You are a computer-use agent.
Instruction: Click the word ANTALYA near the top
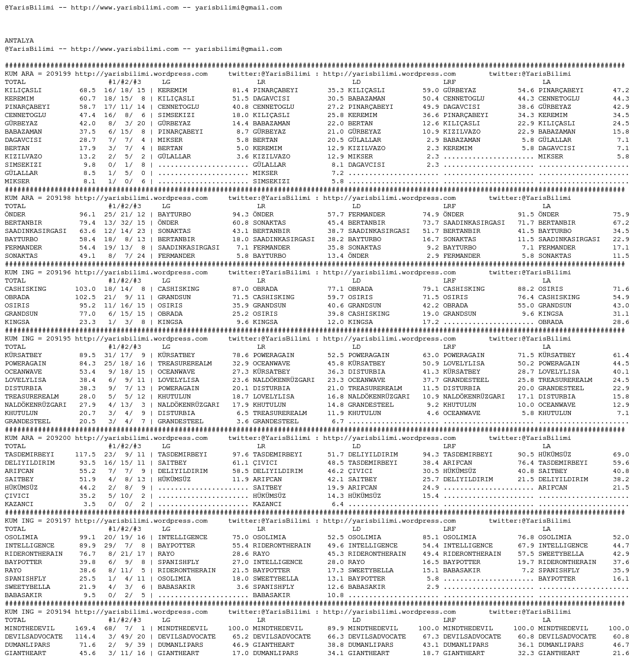click(19, 41)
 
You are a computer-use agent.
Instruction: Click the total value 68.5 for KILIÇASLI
click(87, 90)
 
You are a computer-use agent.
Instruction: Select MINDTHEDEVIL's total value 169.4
click(85, 628)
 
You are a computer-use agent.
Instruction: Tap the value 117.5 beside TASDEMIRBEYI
click(85, 455)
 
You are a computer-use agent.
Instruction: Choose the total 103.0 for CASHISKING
click(85, 289)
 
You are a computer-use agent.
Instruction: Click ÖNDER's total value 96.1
click(87, 215)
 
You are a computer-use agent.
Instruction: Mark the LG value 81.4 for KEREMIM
click(240, 90)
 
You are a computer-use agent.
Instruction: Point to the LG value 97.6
click(240, 455)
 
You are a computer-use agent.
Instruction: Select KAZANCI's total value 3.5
click(89, 504)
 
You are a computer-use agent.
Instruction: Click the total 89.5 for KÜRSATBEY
click(87, 355)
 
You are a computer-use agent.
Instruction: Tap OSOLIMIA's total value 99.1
click(87, 537)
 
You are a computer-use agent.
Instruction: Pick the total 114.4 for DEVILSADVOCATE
click(85, 637)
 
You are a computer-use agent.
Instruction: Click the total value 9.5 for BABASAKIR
click(89, 595)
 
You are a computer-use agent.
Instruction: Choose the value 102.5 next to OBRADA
click(85, 297)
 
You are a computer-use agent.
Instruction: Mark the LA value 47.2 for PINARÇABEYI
click(620, 90)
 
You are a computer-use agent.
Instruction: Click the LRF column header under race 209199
click(449, 82)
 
